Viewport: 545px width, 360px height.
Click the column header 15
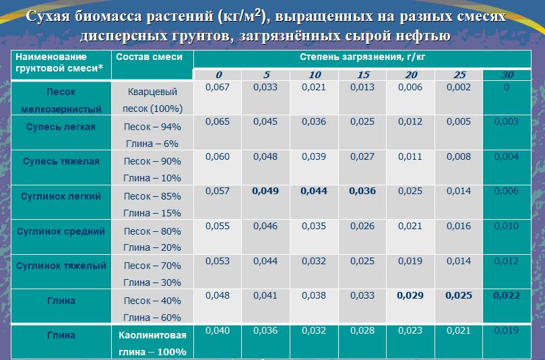tap(364, 74)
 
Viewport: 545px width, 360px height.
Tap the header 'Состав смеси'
tap(149, 57)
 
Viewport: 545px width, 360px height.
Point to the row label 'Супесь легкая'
tap(61, 127)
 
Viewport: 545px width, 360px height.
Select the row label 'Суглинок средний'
tap(61, 231)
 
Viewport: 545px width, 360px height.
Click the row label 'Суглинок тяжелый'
tap(61, 266)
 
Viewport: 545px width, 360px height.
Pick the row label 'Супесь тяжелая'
tap(61, 161)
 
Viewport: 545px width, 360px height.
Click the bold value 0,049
tap(265, 191)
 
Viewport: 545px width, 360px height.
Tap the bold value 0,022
tap(506, 295)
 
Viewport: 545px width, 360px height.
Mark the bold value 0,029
tap(410, 295)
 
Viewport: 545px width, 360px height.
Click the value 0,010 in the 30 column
tap(506, 226)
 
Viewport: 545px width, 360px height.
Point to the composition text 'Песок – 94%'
tap(152, 127)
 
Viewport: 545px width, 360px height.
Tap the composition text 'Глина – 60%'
tap(152, 317)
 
